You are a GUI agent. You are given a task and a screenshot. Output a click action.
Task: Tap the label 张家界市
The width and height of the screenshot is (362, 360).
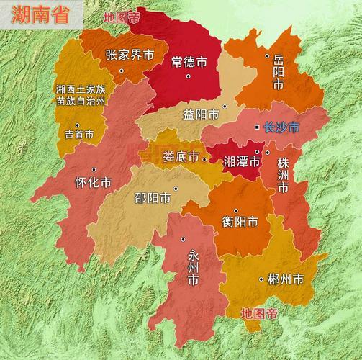point(130,55)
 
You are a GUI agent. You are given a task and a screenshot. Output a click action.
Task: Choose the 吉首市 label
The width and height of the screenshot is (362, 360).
point(79,134)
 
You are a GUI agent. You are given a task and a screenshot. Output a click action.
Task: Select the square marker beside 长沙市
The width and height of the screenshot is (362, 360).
point(257,127)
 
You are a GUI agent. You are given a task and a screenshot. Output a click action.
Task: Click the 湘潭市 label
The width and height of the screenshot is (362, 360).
point(240,160)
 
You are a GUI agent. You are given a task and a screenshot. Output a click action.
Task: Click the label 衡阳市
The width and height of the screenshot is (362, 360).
point(240,221)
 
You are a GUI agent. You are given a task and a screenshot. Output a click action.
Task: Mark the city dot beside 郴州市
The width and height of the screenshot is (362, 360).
point(261,279)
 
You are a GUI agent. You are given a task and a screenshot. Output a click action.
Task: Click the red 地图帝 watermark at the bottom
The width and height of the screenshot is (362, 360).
point(259,313)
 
